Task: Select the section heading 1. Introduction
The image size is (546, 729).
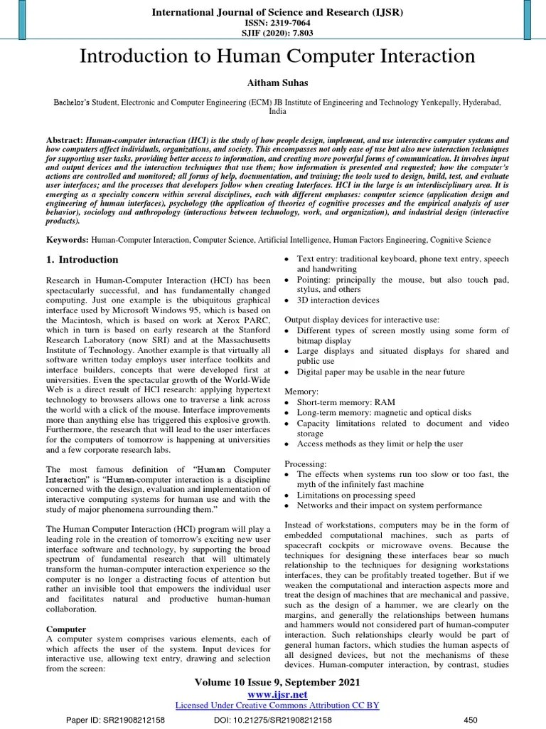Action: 82,260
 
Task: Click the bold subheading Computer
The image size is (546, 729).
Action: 66,629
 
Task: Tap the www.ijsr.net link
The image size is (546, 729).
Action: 277,693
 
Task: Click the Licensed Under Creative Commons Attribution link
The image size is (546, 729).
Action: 277,705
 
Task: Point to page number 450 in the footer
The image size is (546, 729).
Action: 470,720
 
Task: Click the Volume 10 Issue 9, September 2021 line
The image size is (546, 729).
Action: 277,682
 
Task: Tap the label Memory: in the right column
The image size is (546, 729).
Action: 302,392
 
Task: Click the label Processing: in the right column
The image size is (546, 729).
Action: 306,463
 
